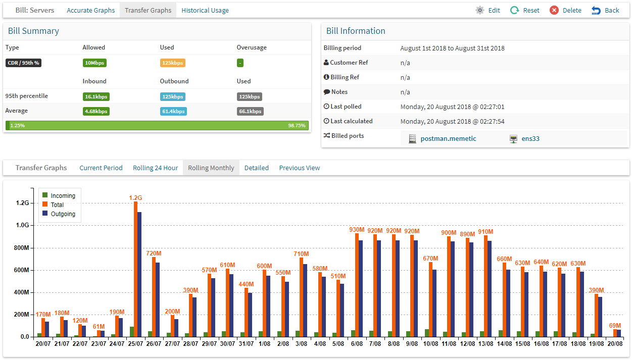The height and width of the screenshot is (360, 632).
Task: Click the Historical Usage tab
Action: click(x=205, y=11)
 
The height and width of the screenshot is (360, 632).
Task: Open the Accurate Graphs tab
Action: click(x=90, y=11)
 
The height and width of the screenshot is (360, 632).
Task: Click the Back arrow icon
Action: click(x=596, y=11)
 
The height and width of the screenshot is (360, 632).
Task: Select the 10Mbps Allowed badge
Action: click(x=94, y=63)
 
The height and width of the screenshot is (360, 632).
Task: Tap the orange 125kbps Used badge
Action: click(x=173, y=63)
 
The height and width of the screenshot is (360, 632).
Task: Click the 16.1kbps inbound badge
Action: click(x=96, y=97)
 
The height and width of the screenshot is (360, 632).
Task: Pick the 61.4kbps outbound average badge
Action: click(x=173, y=112)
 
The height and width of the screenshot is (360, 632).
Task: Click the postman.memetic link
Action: click(x=448, y=138)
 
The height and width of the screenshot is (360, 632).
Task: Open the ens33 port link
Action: click(x=530, y=138)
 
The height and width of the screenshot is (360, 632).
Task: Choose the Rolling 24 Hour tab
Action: click(x=155, y=168)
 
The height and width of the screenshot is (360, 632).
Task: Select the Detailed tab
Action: click(x=257, y=168)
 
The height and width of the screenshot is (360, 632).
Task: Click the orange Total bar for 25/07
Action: click(x=136, y=269)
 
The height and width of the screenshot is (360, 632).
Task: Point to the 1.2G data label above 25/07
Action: click(x=135, y=198)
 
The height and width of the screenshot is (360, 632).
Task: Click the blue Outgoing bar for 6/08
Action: click(x=361, y=289)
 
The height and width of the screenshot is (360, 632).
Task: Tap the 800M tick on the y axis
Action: click(x=21, y=248)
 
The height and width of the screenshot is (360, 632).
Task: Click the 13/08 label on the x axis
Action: click(x=486, y=344)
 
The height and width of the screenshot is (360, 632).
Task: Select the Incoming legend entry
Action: click(x=59, y=195)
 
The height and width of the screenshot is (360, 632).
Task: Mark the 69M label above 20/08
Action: click(x=615, y=326)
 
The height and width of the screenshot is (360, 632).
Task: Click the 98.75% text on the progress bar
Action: click(x=297, y=125)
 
